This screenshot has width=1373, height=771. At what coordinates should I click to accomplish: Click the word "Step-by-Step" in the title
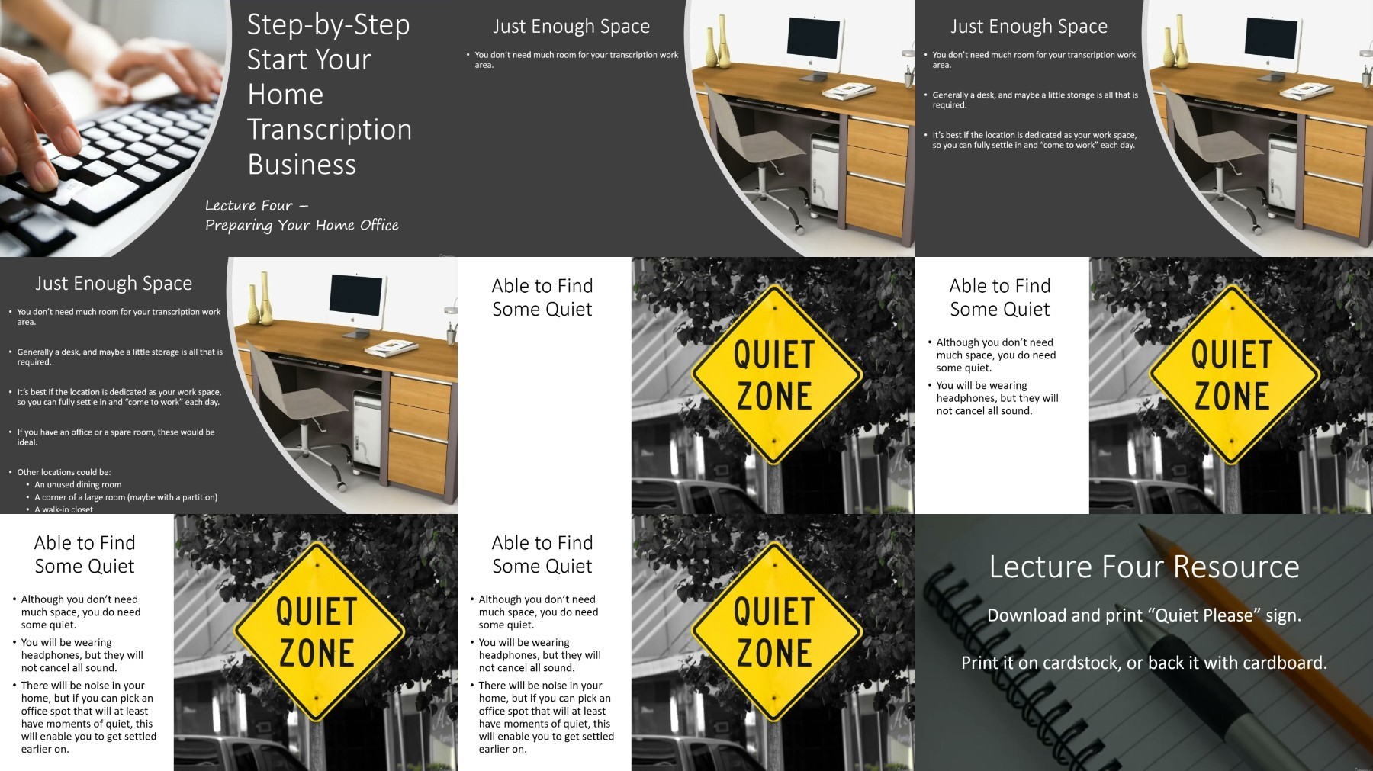pos(329,25)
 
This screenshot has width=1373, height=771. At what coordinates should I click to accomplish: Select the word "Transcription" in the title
pos(330,130)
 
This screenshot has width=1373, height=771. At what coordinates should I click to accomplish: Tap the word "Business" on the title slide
pos(302,165)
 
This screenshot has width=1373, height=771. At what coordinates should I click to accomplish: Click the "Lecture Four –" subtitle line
pos(257,205)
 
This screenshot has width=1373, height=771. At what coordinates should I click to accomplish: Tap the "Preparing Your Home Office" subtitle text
pos(302,225)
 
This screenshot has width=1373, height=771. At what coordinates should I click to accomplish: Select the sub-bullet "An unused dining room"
pos(78,484)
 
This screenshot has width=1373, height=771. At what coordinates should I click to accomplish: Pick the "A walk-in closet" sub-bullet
pos(64,509)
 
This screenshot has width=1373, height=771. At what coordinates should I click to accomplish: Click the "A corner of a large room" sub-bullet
pos(126,497)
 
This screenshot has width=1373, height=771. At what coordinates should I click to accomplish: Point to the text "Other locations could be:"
pos(64,472)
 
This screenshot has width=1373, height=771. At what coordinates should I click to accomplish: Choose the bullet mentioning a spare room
pos(116,437)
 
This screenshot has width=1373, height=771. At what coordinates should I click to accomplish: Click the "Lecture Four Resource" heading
pos(1144,567)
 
